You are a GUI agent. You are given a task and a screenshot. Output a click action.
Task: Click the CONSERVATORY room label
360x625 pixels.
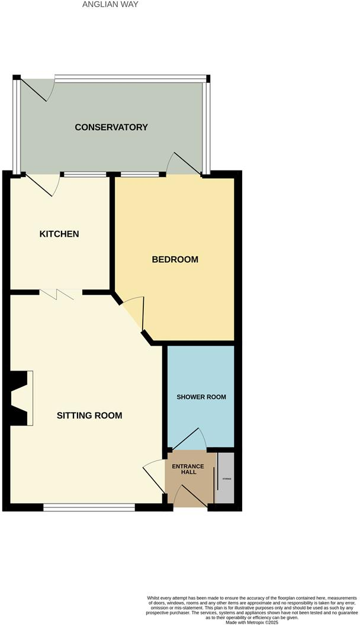click(x=111, y=127)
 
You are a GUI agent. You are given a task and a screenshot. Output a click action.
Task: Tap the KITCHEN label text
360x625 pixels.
click(x=59, y=234)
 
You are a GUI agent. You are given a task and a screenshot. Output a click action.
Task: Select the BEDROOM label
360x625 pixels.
click(x=175, y=259)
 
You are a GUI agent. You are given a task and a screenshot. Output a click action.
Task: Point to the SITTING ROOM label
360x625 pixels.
click(x=89, y=415)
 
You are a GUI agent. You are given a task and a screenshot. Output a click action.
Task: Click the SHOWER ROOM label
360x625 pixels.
click(x=201, y=397)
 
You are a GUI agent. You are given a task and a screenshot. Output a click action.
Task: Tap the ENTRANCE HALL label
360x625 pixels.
click(x=188, y=469)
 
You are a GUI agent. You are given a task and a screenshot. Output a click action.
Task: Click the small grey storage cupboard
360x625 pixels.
click(x=226, y=478)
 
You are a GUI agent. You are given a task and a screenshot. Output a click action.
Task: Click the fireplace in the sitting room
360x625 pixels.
click(x=21, y=398)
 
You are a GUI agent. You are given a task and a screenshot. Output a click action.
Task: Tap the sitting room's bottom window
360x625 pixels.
click(x=89, y=507)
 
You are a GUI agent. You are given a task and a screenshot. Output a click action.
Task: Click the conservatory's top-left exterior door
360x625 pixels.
click(x=38, y=89)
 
